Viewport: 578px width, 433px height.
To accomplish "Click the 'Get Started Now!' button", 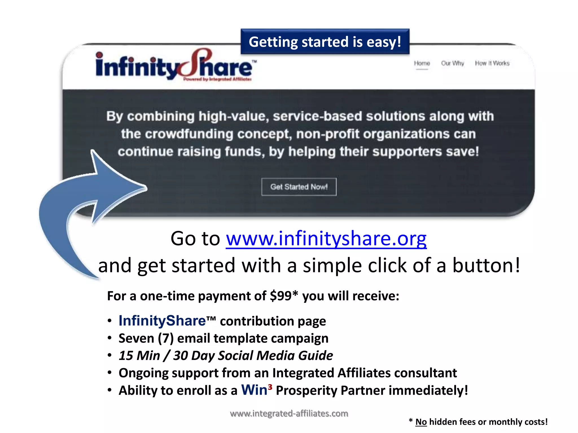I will click(299, 187).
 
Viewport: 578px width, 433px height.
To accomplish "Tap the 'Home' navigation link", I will click(422, 63).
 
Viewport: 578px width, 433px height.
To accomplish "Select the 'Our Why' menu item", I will click(452, 63).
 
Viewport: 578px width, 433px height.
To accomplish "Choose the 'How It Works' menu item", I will click(492, 63).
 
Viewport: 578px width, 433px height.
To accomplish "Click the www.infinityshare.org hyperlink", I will click(326, 238).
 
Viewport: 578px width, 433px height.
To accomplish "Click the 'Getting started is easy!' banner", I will click(325, 42).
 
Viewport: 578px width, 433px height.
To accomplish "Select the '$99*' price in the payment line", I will click(284, 296).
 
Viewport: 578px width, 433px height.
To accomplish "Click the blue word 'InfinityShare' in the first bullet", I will click(162, 321).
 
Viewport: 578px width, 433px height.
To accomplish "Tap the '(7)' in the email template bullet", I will click(166, 338).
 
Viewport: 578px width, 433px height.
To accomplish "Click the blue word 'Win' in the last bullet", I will click(254, 390).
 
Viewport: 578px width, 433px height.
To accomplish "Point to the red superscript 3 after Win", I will click(270, 387).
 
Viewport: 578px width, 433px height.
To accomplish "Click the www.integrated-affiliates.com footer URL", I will click(289, 414).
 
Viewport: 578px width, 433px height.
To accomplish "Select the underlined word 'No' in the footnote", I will click(421, 422).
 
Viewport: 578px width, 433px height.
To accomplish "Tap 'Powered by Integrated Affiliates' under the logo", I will click(217, 79).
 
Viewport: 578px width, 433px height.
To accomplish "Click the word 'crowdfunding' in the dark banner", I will click(189, 134).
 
